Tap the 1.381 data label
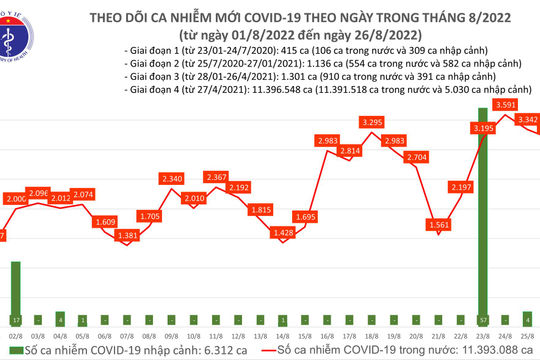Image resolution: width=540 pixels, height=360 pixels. [126, 234]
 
